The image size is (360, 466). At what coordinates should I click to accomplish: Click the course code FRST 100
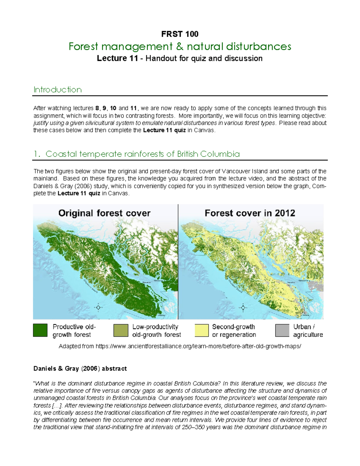(x=180, y=34)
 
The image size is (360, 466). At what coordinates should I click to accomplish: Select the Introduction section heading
(x=57, y=90)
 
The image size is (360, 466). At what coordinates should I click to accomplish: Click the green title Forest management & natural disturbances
(x=180, y=47)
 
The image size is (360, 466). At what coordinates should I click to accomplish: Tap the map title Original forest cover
(x=104, y=213)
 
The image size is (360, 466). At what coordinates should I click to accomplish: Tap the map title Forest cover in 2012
(x=250, y=213)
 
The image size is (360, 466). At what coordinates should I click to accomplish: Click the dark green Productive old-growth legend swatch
(x=40, y=330)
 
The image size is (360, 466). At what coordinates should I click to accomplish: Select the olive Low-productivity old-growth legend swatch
(x=121, y=330)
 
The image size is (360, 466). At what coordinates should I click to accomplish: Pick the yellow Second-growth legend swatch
(x=202, y=330)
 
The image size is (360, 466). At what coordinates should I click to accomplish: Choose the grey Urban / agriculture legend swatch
(x=282, y=330)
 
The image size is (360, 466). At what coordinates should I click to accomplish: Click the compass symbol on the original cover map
(x=98, y=307)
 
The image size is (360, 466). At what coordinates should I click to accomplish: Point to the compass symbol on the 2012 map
(x=243, y=307)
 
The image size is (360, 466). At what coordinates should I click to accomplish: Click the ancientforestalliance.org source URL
(x=198, y=346)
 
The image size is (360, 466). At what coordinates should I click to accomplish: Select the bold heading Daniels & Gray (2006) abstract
(x=80, y=368)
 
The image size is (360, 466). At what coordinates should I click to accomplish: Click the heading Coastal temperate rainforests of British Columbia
(x=142, y=154)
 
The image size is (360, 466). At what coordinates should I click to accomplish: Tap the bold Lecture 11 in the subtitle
(x=117, y=58)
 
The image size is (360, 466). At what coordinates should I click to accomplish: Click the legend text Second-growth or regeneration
(x=234, y=331)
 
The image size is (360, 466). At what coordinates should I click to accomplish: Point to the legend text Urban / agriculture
(x=308, y=331)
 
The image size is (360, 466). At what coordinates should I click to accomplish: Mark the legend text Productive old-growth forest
(x=74, y=331)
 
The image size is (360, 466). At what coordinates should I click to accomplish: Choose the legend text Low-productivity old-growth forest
(x=157, y=331)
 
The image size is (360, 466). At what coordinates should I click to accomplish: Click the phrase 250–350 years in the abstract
(x=193, y=427)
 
